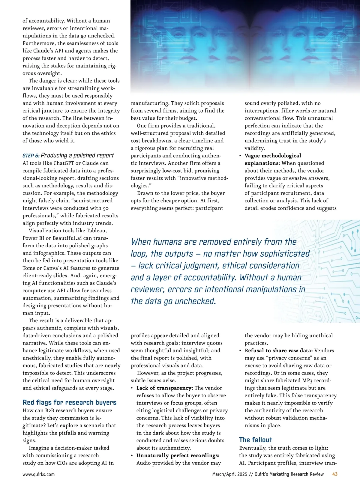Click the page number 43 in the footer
pyautogui.click(x=335, y=474)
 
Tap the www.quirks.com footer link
pyautogui.click(x=39, y=474)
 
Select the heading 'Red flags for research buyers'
pyautogui.click(x=70, y=402)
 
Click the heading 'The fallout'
pyautogui.click(x=256, y=440)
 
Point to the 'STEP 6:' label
pyautogui.click(x=31, y=156)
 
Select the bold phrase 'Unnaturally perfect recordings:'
pyautogui.click(x=178, y=455)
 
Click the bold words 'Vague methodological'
pyautogui.click(x=273, y=156)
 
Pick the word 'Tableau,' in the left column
pyautogui.click(x=97, y=231)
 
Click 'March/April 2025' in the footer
pyautogui.click(x=229, y=474)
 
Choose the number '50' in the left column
pyautogui.click(x=105, y=208)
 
